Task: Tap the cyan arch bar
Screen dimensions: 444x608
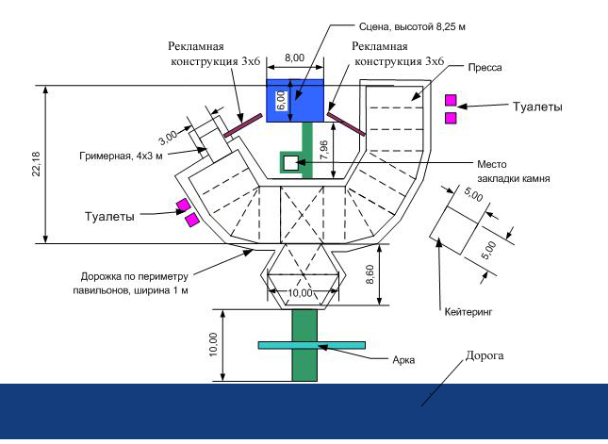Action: (304, 346)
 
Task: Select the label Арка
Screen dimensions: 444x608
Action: (403, 359)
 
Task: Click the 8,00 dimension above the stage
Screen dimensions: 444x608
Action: (294, 58)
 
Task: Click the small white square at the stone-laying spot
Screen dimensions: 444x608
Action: (290, 163)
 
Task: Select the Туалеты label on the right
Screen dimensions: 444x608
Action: (536, 107)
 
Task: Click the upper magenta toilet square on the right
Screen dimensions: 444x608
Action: (452, 99)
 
